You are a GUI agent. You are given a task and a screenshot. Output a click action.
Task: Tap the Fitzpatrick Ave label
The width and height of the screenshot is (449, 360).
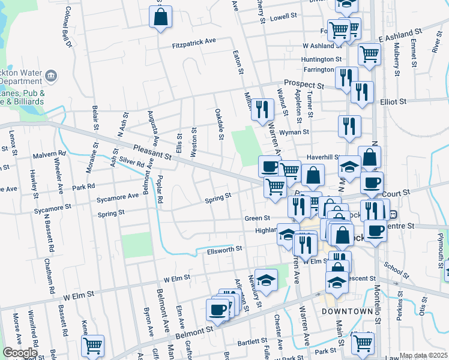[193, 43]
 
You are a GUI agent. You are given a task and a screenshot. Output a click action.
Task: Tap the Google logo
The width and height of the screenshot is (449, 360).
[20, 353]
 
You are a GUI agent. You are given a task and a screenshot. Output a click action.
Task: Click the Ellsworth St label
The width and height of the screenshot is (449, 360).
[224, 248]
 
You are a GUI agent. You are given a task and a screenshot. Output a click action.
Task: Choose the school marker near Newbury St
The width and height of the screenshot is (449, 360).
[266, 280]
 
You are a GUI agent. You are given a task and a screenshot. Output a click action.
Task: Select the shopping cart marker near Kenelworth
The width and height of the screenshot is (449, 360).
[92, 346]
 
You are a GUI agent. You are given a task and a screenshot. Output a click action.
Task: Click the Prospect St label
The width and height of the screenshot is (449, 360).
[304, 84]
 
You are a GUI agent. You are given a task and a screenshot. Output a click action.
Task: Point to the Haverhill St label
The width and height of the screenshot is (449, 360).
[324, 157]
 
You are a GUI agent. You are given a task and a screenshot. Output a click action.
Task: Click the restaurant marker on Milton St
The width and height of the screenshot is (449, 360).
[262, 109]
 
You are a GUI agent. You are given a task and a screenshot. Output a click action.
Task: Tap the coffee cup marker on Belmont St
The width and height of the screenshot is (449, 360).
[217, 310]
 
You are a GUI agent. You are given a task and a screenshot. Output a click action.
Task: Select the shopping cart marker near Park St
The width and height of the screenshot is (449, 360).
[363, 343]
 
